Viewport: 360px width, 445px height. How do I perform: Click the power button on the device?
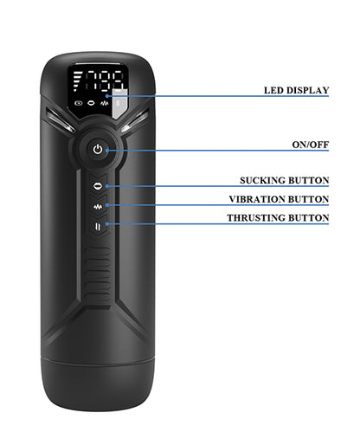[98, 150]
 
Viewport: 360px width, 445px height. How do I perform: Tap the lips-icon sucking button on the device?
[98, 186]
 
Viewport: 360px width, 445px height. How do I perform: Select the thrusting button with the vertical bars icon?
[98, 227]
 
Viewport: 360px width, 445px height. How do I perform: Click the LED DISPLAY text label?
[296, 90]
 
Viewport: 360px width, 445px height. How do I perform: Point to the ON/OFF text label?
[311, 145]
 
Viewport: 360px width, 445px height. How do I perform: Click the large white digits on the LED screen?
[105, 81]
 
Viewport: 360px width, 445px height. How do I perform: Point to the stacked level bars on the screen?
[77, 81]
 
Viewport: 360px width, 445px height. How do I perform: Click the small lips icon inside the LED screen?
[91, 103]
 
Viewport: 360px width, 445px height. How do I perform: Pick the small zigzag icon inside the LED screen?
[104, 103]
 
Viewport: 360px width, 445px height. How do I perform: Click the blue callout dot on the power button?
[107, 151]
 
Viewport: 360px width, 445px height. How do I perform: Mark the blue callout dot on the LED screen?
[107, 96]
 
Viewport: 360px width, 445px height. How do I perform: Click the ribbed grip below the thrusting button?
[98, 273]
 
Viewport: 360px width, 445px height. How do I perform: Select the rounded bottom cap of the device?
[98, 384]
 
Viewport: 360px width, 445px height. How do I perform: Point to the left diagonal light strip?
[60, 119]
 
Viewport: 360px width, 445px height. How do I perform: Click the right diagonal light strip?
[136, 119]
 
